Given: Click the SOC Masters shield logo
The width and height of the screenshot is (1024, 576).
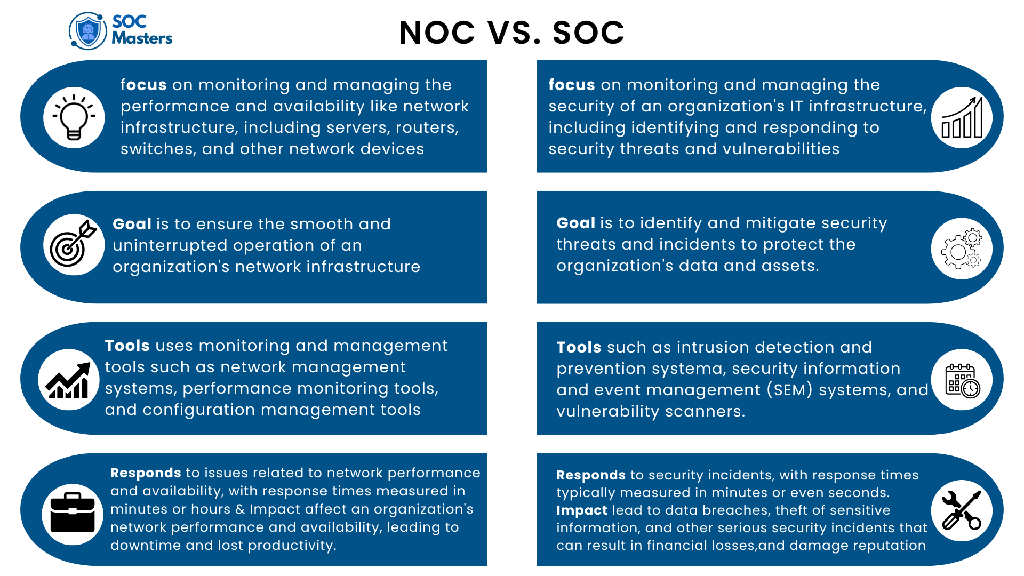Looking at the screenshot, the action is [x=88, y=31].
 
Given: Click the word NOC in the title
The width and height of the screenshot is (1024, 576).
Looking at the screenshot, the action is [x=437, y=33].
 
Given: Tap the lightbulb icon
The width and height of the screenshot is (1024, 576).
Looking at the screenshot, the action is [x=74, y=117].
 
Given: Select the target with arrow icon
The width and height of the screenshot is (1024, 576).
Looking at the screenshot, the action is [x=74, y=244].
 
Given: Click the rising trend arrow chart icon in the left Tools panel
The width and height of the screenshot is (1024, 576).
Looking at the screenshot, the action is [x=69, y=380].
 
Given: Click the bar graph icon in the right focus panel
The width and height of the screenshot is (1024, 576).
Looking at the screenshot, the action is [x=962, y=117].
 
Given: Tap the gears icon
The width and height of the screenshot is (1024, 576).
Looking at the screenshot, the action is [x=962, y=249].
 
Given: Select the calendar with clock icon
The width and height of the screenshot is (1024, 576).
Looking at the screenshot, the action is [x=962, y=380].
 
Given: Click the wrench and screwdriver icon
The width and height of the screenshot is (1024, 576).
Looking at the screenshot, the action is [x=962, y=510].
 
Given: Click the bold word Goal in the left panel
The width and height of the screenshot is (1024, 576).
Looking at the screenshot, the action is [x=132, y=224].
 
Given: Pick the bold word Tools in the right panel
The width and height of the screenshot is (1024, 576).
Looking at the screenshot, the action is [x=579, y=347].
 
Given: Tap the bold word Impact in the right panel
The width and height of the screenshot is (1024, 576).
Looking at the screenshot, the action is [x=581, y=510].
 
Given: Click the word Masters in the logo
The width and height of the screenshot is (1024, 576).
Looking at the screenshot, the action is [x=142, y=38].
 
